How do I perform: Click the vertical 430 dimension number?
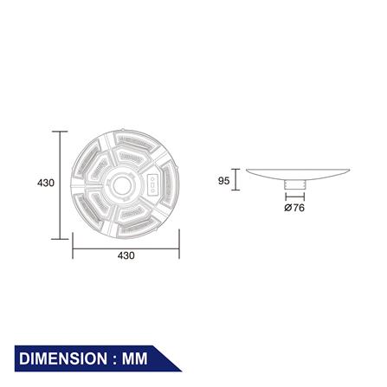46,183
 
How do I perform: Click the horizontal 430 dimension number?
126,255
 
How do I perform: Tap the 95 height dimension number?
223,181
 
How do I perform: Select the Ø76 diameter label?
294,208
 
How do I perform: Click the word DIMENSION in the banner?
63,358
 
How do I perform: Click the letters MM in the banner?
135,358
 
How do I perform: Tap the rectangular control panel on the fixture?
152,184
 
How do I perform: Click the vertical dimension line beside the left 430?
60,185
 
